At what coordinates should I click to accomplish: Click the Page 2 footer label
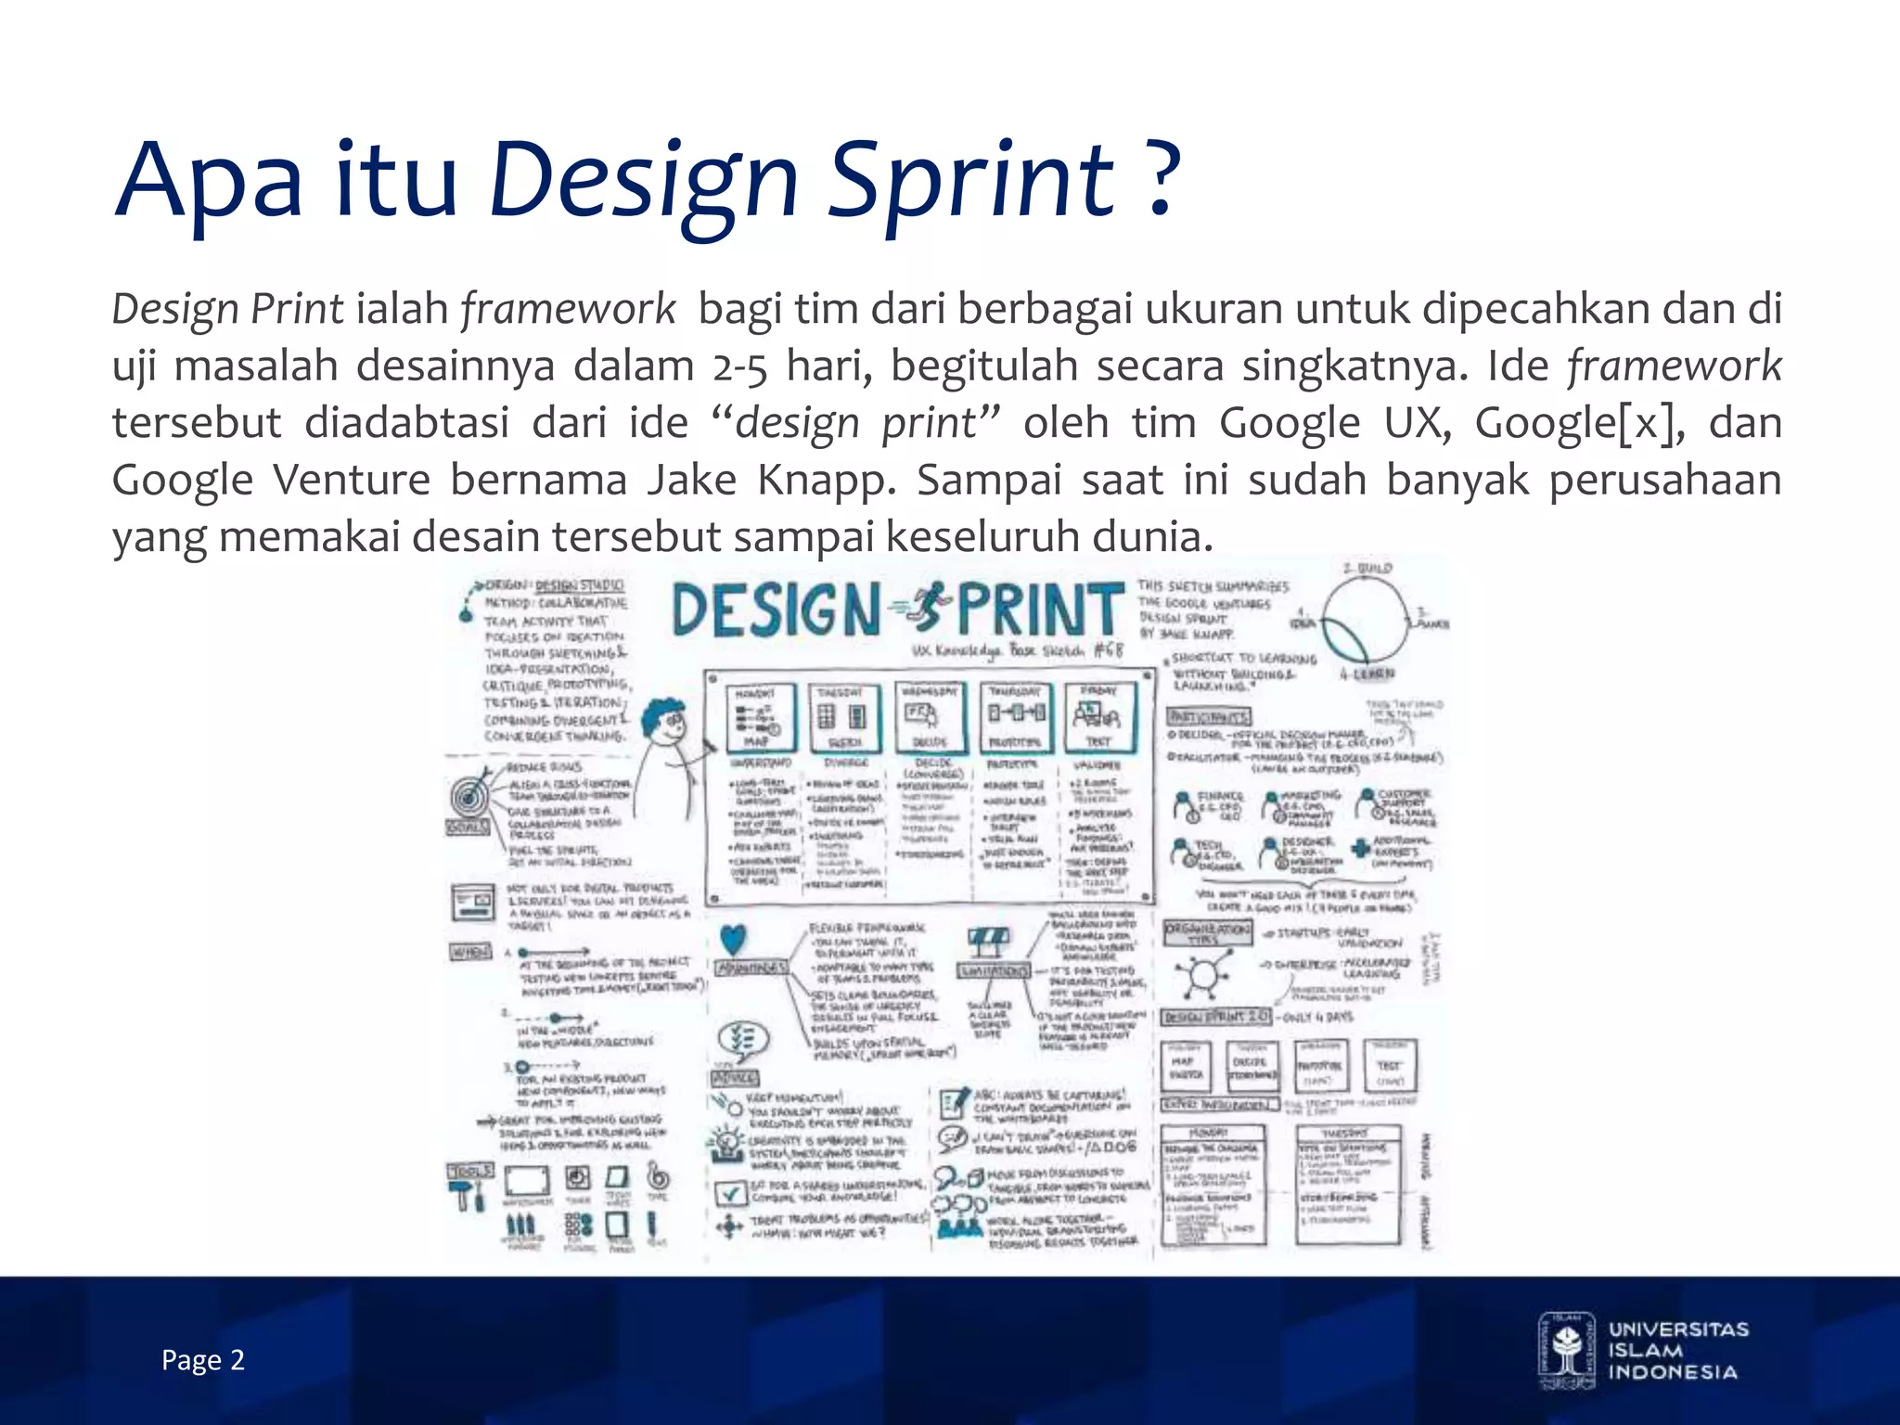click(202, 1360)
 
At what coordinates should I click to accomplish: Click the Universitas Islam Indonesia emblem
click(1566, 1350)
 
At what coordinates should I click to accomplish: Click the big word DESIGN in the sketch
click(776, 610)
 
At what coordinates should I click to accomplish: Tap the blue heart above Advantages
click(733, 939)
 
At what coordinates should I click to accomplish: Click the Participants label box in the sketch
click(1209, 716)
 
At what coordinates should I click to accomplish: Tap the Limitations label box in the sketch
click(994, 970)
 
